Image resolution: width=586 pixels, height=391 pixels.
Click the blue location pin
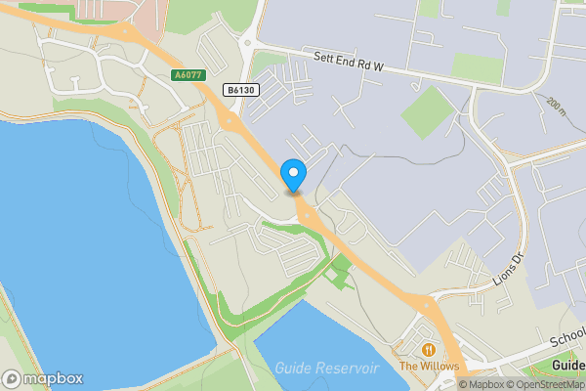click(x=293, y=175)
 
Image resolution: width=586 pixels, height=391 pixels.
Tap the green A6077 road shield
click(x=189, y=75)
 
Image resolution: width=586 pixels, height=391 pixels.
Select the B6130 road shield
click(x=240, y=90)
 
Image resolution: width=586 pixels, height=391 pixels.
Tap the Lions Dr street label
click(x=509, y=267)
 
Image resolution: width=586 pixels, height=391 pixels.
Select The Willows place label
click(x=429, y=366)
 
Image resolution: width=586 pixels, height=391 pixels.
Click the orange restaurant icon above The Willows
click(x=428, y=349)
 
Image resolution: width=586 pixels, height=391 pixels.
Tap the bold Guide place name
click(x=567, y=366)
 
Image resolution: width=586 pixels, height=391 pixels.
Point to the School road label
click(x=566, y=338)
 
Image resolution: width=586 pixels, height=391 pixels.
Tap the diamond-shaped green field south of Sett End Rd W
click(x=427, y=112)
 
